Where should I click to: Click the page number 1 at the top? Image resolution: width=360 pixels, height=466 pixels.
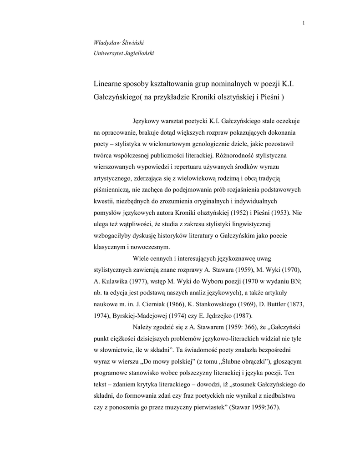click(303, 24)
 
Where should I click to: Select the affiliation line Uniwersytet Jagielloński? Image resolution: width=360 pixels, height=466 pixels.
click(124, 53)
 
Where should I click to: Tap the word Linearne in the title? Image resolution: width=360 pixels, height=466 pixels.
click(108, 85)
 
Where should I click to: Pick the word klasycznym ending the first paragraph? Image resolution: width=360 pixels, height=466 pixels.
click(109, 247)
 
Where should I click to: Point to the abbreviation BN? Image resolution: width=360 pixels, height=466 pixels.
click(290, 281)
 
